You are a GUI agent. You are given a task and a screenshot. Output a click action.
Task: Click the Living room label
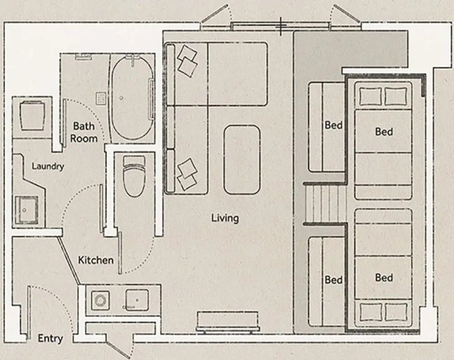point(225,218)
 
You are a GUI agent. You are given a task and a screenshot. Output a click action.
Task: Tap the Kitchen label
point(96,260)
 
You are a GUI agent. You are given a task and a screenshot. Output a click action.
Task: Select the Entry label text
point(50,338)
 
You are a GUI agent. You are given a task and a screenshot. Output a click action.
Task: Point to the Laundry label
point(48,166)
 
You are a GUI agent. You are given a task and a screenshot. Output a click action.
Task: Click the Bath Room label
point(84,132)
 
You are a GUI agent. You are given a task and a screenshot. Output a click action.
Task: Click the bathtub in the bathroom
point(133,99)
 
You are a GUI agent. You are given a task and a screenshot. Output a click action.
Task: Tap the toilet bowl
point(134,176)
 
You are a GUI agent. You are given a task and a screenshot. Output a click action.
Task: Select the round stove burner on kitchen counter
point(100,300)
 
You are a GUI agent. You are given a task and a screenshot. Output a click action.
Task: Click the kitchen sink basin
point(137,300)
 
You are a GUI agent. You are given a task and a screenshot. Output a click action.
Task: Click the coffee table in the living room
point(241,159)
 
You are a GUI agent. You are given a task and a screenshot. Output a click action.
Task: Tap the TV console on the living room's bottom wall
point(228,322)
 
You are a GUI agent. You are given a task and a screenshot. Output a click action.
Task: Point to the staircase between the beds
point(326,204)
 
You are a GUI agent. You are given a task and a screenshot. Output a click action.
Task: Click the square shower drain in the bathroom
point(101,99)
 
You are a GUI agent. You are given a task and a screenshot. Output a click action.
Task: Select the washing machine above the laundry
point(32,116)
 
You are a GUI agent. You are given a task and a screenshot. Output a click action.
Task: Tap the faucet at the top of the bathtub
point(133,60)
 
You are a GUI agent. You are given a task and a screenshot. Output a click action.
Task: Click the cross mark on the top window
point(280,27)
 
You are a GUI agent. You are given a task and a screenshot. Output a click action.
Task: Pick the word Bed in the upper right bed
point(384,132)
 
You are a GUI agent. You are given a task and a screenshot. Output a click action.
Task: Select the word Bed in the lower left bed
point(334,280)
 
